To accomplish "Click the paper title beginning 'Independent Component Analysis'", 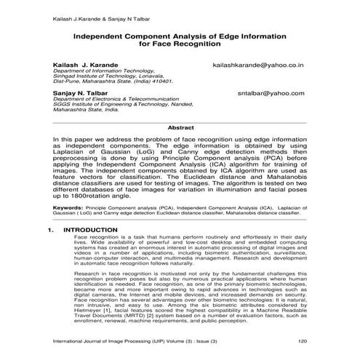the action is pyautogui.click(x=180, y=36).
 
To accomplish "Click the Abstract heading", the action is pyautogui.click(x=180, y=127).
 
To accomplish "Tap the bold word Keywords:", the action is pyautogui.click(x=68, y=207).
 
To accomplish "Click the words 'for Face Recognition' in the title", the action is pyautogui.click(x=180, y=44).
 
